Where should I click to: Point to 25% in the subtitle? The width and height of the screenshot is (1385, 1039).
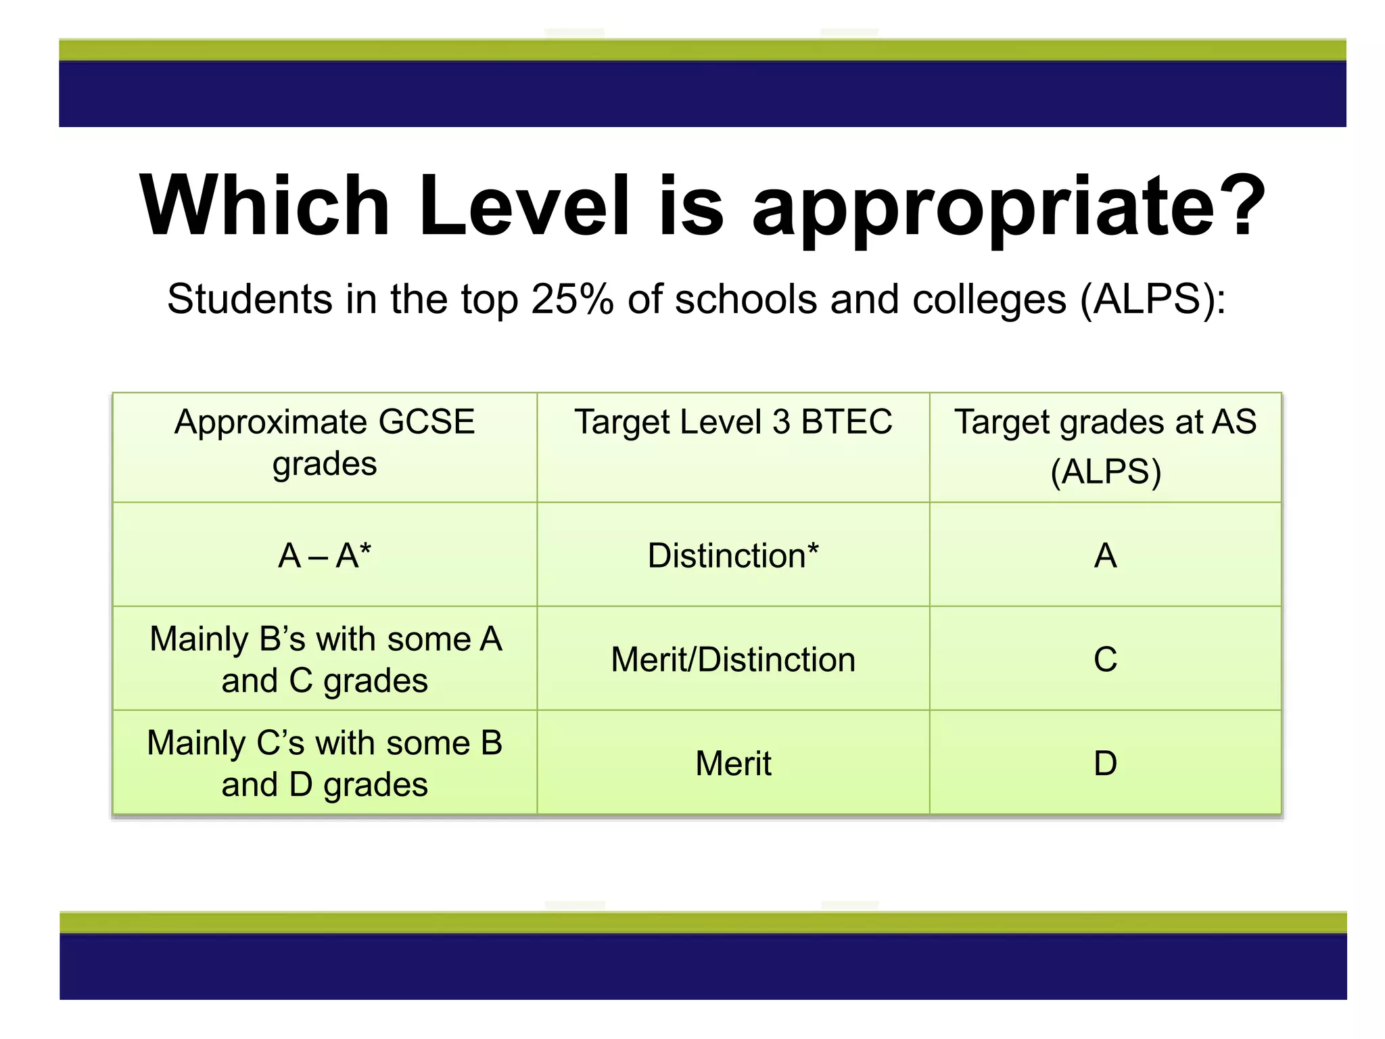point(572,299)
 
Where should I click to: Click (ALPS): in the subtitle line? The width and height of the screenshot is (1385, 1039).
point(1152,299)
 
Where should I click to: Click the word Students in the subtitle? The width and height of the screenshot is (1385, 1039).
point(250,299)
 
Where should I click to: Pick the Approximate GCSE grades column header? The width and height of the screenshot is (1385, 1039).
point(325,443)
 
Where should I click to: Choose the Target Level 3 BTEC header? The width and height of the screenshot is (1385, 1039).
point(733,422)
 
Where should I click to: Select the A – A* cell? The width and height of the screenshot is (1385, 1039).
point(325,556)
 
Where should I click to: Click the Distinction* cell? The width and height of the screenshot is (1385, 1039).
point(733,556)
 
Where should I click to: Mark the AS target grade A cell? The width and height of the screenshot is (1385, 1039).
point(1105,556)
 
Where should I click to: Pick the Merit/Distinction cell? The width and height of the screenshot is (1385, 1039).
point(733,660)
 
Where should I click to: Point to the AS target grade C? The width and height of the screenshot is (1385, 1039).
point(1105,660)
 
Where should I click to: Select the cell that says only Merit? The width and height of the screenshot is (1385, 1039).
point(733,764)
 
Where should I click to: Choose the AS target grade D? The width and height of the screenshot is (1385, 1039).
point(1105,764)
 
